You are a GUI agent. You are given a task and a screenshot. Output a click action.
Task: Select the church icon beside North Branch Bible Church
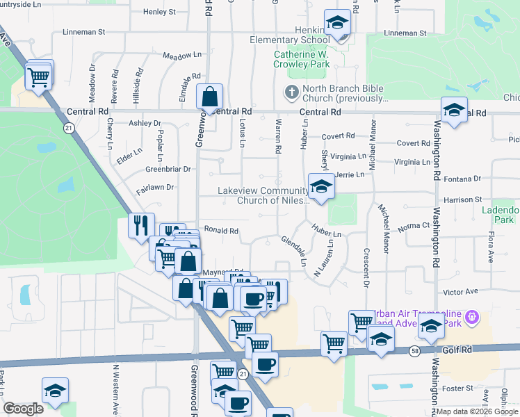click(291, 92)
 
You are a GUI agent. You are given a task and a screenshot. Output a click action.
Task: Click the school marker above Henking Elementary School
click(337, 24)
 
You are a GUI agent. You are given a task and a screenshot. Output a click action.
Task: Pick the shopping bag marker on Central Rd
click(209, 97)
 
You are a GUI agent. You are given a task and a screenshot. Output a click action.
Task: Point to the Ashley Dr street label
click(145, 123)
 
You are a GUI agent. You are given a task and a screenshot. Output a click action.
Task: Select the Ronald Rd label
click(221, 231)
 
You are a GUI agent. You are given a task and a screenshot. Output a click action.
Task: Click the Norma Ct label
click(415, 226)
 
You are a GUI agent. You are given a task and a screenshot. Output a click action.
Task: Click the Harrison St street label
click(463, 200)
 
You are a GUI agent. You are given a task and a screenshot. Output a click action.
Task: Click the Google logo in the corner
click(23, 409)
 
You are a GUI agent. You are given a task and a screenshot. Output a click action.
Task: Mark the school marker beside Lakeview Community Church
click(320, 188)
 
